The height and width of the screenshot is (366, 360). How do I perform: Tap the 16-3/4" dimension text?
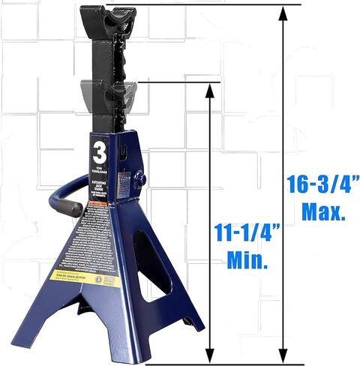(x=323, y=184)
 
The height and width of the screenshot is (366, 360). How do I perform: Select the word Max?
(x=323, y=212)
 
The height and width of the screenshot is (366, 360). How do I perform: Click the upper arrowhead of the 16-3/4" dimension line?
(x=283, y=12)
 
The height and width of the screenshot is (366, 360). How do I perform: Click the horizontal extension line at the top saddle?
(x=225, y=4)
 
